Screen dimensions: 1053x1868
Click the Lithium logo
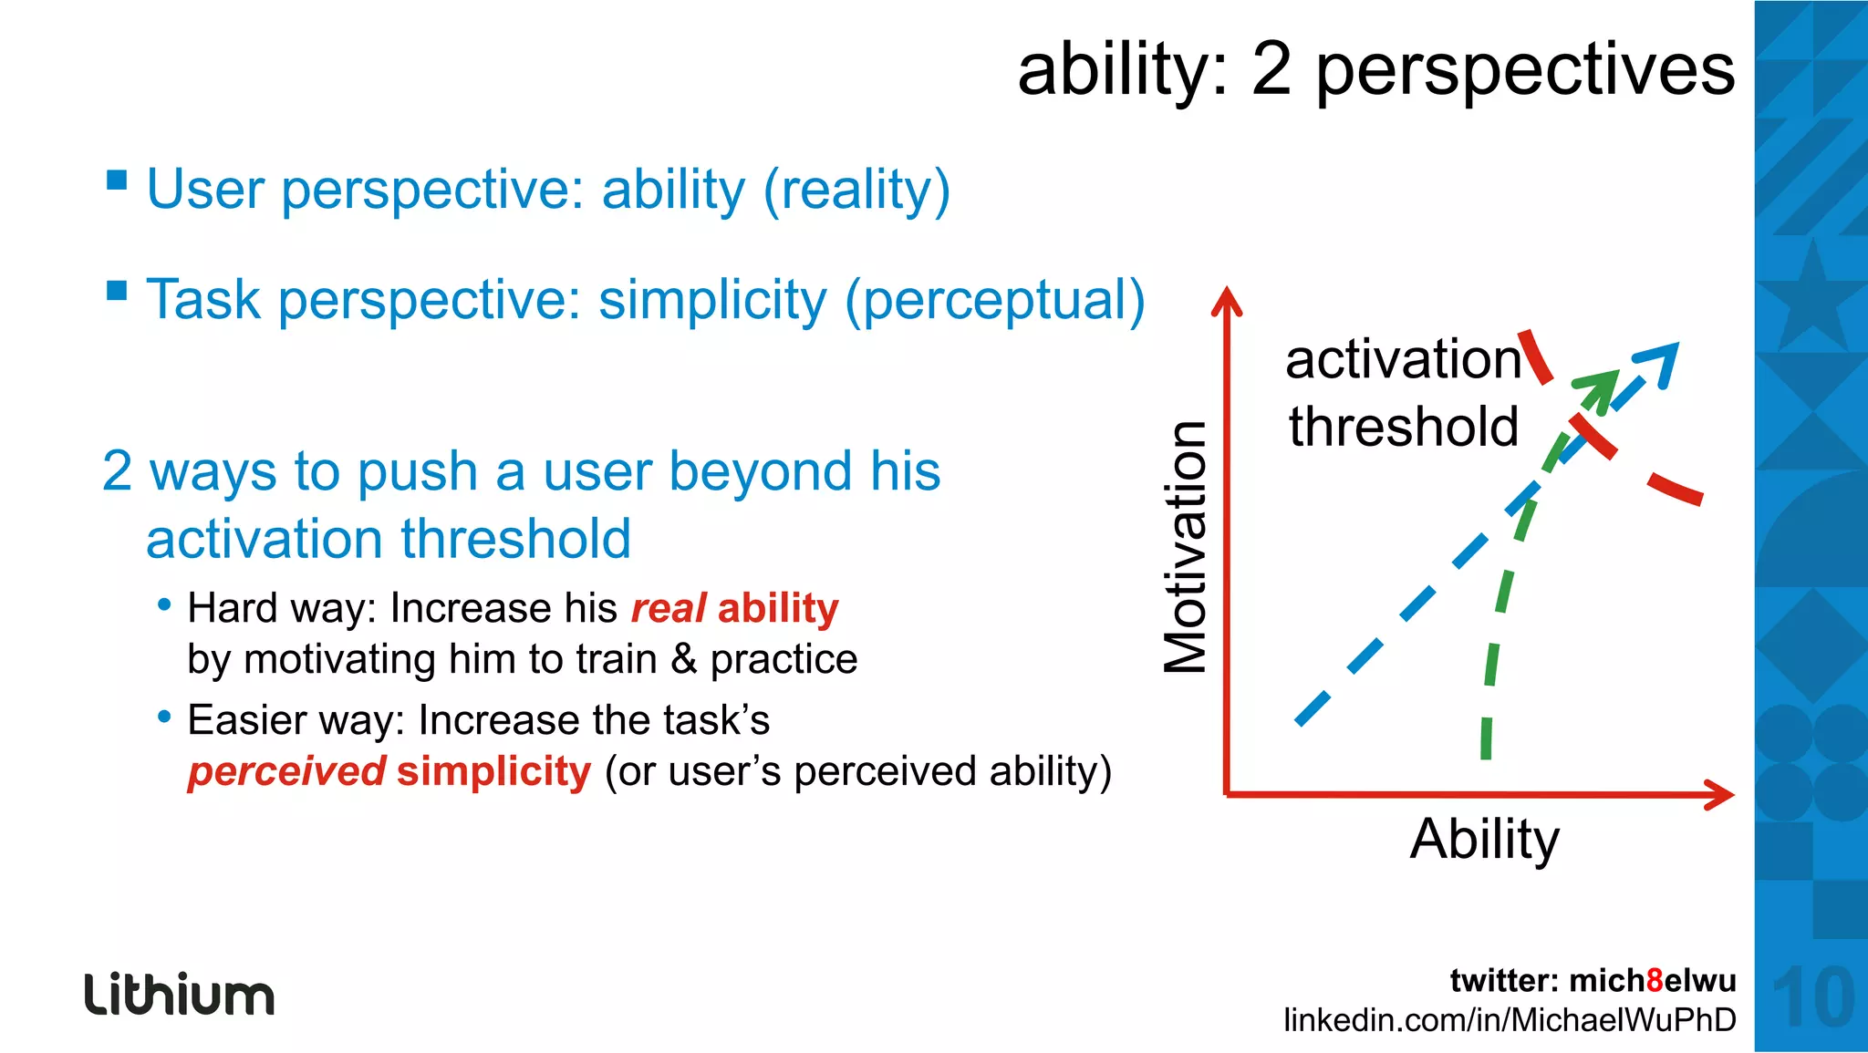(x=179, y=995)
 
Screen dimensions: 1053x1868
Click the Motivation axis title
(x=1187, y=547)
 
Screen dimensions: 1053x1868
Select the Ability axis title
(x=1484, y=839)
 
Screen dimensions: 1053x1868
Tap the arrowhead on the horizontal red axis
(x=1720, y=795)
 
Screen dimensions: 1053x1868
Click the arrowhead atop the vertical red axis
(x=1227, y=300)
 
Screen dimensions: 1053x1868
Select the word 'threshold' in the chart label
(x=1403, y=427)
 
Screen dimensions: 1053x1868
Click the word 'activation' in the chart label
(x=1403, y=359)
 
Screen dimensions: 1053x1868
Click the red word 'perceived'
(x=286, y=771)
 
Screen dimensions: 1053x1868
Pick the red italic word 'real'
(x=669, y=608)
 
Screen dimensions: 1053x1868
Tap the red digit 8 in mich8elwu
(x=1655, y=981)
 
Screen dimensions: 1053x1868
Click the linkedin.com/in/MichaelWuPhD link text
(x=1510, y=1020)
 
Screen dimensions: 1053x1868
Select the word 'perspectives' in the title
(x=1525, y=71)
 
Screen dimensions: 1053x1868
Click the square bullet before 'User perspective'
(x=117, y=180)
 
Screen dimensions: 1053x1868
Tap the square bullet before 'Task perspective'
(x=117, y=291)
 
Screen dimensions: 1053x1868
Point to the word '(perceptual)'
(x=994, y=300)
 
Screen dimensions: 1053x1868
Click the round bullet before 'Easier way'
(x=164, y=717)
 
